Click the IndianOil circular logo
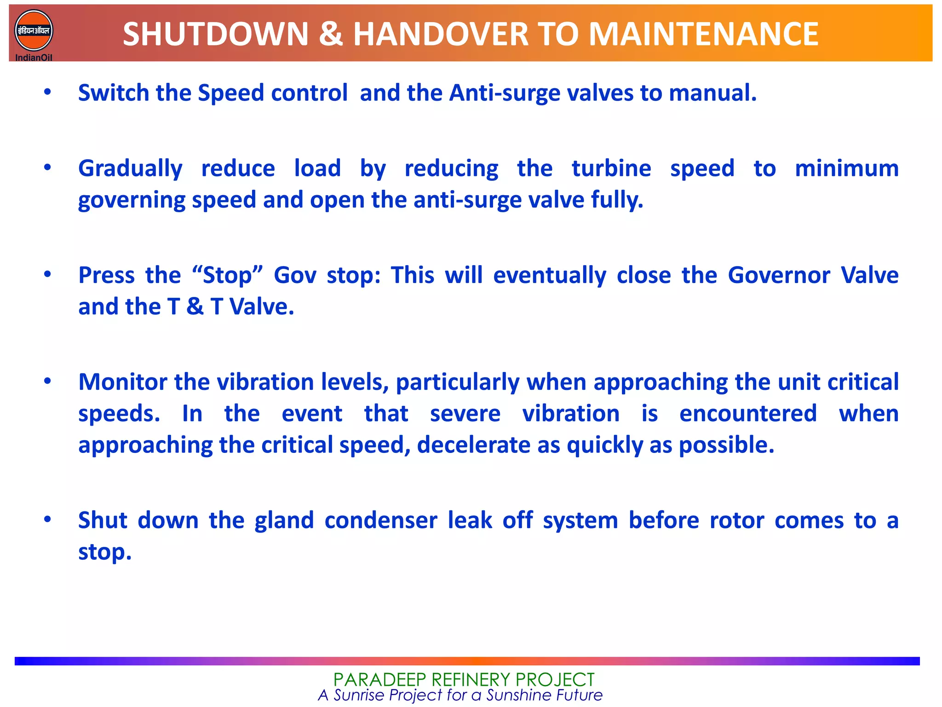(x=34, y=31)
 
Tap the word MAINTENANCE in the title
(x=703, y=35)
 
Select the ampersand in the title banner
(x=330, y=35)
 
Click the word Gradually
(x=130, y=169)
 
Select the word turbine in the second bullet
(x=611, y=168)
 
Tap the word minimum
(x=846, y=168)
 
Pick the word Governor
(x=779, y=275)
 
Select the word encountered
(x=748, y=413)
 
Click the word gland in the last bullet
(x=284, y=521)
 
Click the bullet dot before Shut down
(x=47, y=520)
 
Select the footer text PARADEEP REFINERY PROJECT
(x=464, y=679)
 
